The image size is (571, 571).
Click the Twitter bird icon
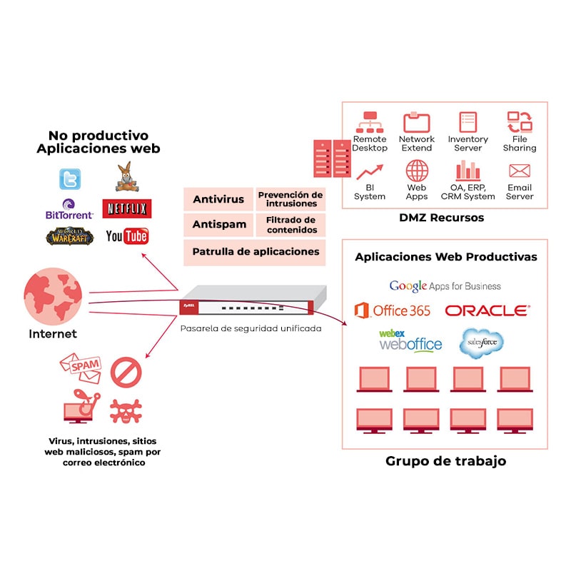pos(70,178)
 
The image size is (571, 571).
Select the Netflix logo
pos(126,208)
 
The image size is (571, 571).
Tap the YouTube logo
pos(126,236)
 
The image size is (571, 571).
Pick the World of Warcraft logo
pos(69,236)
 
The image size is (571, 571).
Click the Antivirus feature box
pos(218,199)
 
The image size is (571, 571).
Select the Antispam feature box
pos(218,224)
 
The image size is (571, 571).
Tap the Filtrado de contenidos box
pos(290,224)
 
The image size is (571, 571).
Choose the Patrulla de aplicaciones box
pos(255,251)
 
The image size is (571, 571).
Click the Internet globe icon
pos(53,297)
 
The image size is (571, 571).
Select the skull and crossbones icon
pos(126,411)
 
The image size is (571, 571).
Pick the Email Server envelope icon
pos(519,171)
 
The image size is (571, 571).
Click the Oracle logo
pos(487,310)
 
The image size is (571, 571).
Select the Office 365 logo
pos(393,310)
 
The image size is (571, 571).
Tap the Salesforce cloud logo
pos(481,342)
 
